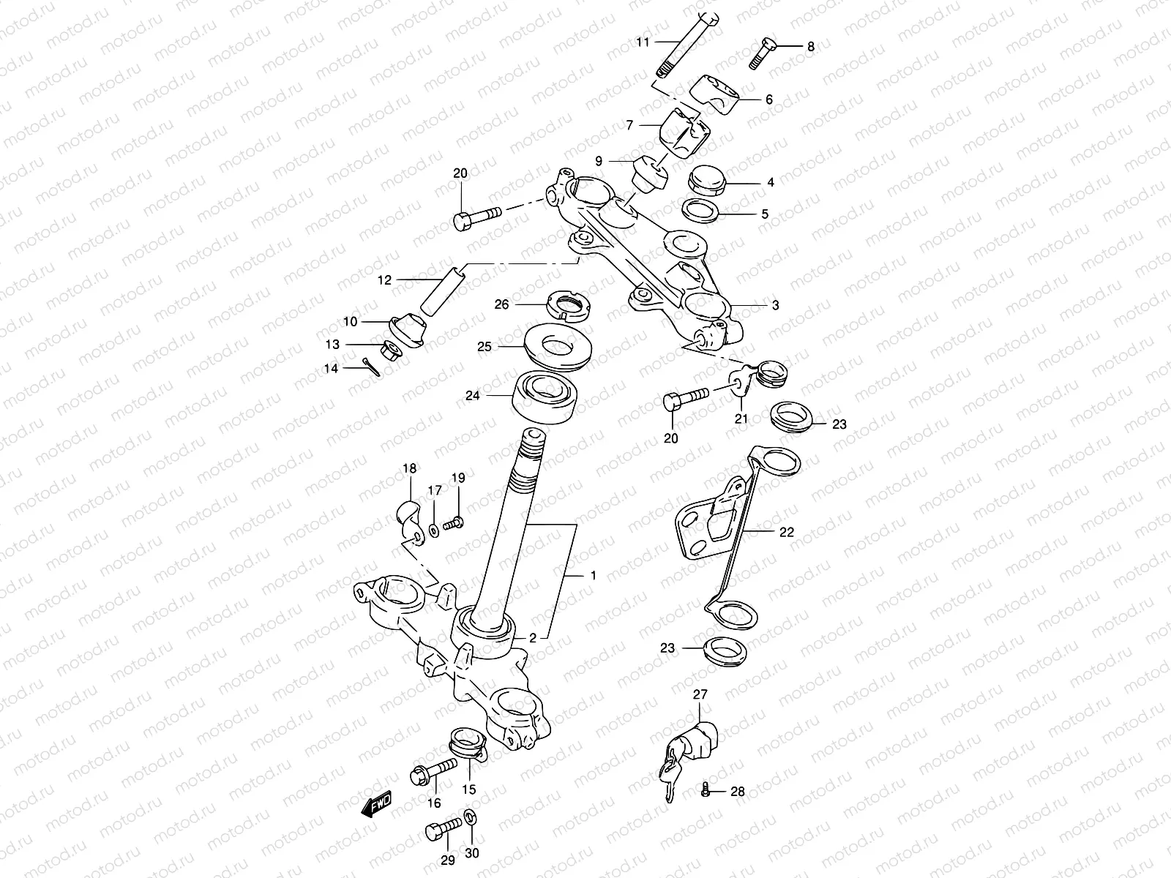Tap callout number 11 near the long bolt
[x=643, y=42]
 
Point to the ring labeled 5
[x=702, y=211]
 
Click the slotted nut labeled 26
[x=569, y=304]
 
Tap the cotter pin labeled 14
[x=372, y=367]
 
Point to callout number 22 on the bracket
[x=786, y=532]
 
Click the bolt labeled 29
[x=440, y=832]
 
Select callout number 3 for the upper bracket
[x=774, y=305]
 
